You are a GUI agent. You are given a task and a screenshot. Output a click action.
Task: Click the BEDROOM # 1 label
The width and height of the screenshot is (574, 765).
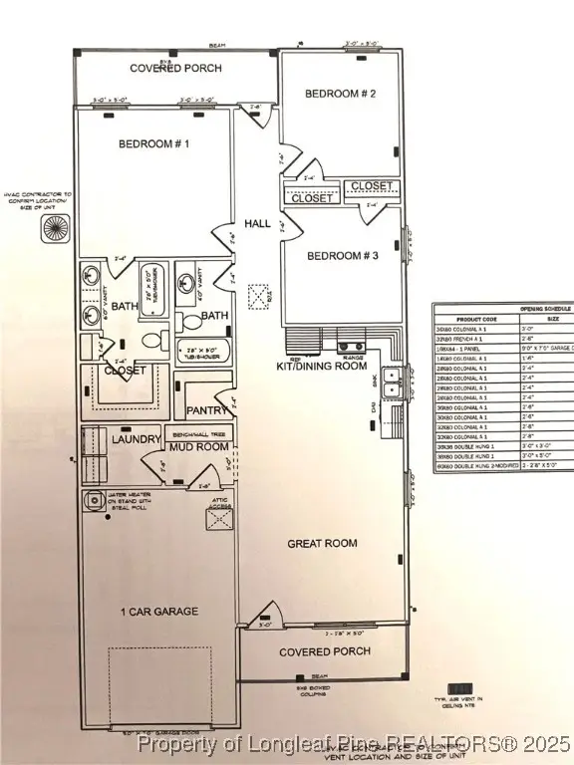pyautogui.click(x=154, y=143)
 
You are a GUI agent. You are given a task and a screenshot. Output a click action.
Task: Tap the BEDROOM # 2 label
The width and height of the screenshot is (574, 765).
pyautogui.click(x=340, y=94)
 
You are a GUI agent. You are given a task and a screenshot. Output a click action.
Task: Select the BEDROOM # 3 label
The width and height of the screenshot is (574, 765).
pyautogui.click(x=342, y=256)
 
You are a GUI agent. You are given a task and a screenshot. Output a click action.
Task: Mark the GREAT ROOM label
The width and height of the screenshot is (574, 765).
pyautogui.click(x=323, y=543)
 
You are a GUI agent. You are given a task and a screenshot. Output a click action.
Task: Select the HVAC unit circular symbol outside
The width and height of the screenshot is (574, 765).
pyautogui.click(x=52, y=227)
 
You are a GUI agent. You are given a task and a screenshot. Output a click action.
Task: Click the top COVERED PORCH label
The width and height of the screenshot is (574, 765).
pyautogui.click(x=176, y=69)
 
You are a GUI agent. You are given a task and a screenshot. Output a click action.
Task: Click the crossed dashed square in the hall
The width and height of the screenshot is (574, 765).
pyautogui.click(x=259, y=296)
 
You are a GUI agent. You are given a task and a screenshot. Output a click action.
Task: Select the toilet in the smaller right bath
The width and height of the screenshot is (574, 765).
pyautogui.click(x=189, y=323)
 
